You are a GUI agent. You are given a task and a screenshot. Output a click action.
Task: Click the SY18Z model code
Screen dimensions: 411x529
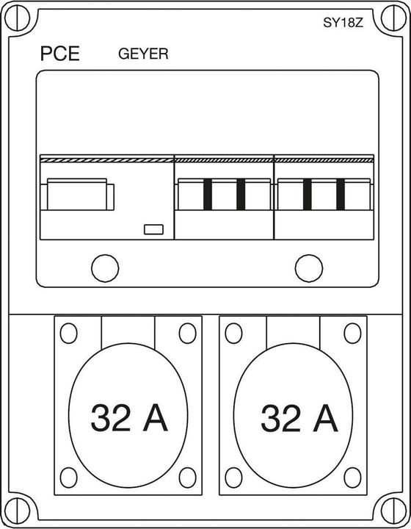[x=343, y=23]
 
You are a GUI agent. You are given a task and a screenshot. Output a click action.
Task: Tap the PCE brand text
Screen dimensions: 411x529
[x=60, y=54]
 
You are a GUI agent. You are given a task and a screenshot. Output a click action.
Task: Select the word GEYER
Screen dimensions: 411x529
[x=143, y=54]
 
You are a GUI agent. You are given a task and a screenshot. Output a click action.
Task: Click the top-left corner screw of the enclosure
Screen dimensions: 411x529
[x=18, y=18]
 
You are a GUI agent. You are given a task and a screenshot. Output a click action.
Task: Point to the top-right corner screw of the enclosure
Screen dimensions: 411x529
[x=393, y=18]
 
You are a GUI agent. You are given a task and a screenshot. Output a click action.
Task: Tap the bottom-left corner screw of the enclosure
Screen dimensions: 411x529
[x=18, y=511]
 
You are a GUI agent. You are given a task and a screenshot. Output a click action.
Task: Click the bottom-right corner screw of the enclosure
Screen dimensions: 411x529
[x=393, y=511]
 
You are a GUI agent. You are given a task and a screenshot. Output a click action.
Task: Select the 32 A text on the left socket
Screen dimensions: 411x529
[x=129, y=418]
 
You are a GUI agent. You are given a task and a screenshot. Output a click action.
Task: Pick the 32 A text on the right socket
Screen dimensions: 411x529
[x=299, y=418]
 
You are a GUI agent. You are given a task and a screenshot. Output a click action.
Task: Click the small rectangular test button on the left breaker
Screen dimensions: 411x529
[x=153, y=229]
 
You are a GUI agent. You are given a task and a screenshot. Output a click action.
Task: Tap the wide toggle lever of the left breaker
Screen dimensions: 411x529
[x=77, y=194]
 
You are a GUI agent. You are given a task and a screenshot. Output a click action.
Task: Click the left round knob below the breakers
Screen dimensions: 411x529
[x=105, y=268]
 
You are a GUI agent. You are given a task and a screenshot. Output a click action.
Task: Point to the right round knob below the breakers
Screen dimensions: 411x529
[x=309, y=268]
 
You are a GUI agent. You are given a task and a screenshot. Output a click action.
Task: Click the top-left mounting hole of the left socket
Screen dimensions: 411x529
[x=69, y=334]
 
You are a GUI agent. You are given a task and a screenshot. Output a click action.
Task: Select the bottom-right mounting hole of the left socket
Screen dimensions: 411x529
[x=187, y=478]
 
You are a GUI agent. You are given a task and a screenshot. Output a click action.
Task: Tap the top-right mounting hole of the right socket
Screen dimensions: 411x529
[x=352, y=334]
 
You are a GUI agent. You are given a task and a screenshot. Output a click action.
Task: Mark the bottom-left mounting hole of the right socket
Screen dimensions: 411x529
[x=234, y=478]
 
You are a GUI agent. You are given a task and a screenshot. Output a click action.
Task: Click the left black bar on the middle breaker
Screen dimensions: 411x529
[x=208, y=194]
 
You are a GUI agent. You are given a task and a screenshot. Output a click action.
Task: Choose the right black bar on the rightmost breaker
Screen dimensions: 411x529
[x=341, y=194]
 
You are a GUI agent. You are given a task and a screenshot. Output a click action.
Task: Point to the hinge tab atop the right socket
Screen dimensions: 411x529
[x=293, y=331]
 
